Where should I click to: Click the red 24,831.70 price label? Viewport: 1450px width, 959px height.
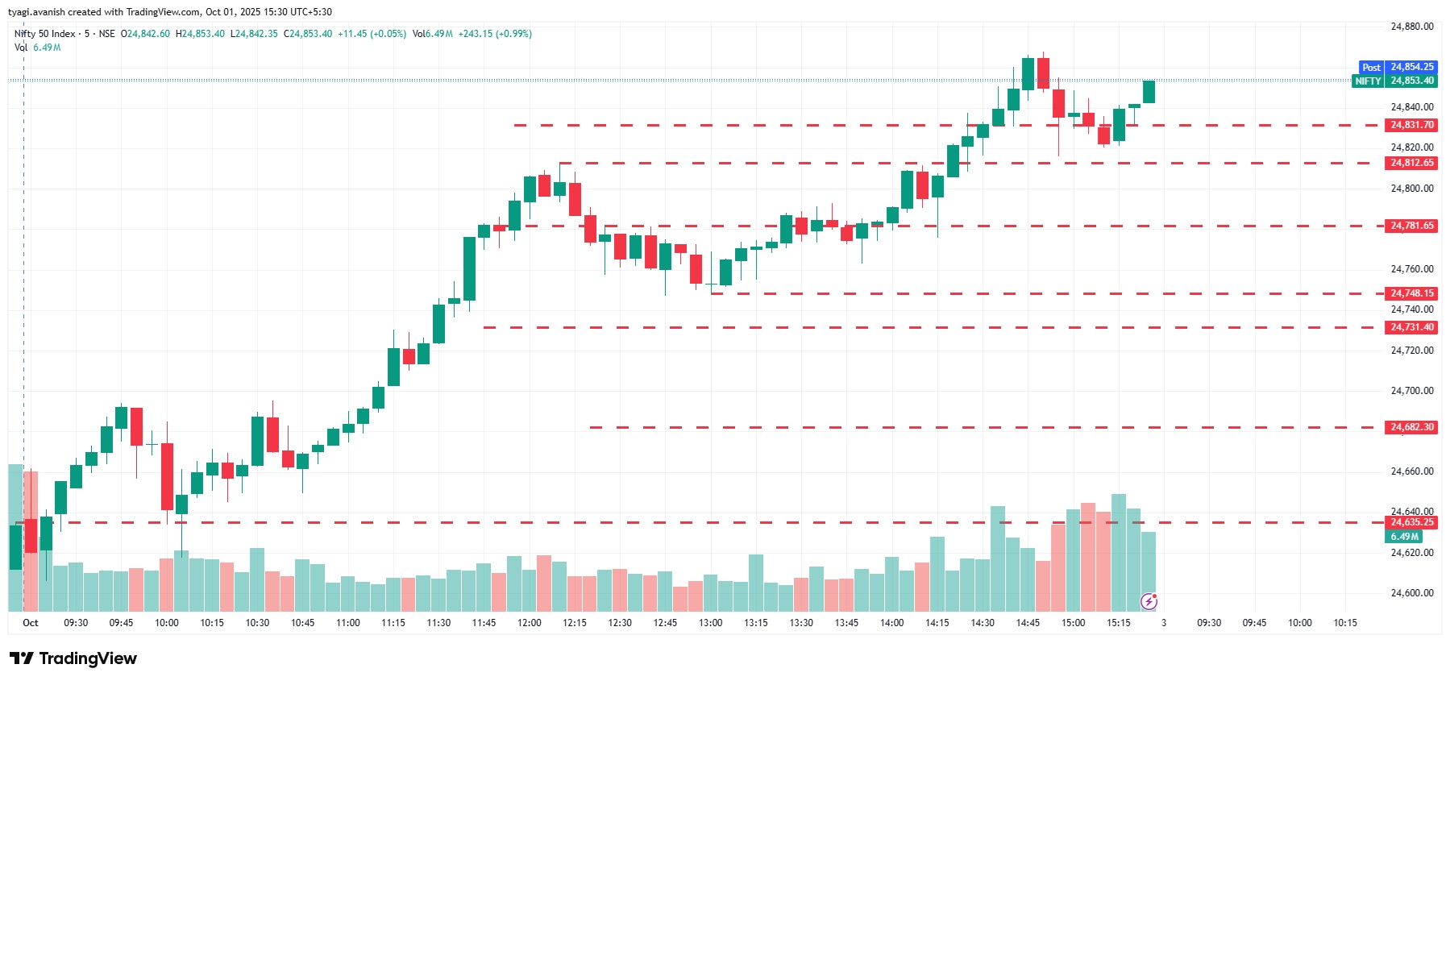point(1411,125)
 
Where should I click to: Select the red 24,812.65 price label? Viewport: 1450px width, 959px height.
point(1411,163)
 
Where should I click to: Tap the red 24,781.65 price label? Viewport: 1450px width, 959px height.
point(1411,226)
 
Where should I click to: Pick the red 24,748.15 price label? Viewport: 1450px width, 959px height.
point(1411,293)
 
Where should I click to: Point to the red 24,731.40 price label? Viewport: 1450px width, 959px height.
point(1411,327)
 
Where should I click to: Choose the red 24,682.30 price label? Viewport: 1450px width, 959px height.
point(1411,427)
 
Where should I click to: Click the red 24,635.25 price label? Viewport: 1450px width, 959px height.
point(1411,522)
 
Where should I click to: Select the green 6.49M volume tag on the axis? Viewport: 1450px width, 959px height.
point(1404,537)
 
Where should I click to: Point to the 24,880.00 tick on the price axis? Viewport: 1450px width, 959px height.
point(1411,27)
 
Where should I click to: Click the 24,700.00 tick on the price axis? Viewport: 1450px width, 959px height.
point(1411,391)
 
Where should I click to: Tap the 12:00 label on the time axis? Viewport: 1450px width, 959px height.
point(529,623)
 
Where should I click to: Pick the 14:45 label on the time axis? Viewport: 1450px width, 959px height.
point(1028,623)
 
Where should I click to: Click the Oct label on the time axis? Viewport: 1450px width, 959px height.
point(31,623)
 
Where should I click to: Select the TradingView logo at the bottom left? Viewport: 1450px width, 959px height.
point(73,658)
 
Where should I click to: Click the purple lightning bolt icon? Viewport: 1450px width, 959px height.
point(1149,601)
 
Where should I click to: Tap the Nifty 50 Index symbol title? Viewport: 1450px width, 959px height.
point(45,34)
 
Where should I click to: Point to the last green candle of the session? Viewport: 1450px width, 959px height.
point(1149,91)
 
